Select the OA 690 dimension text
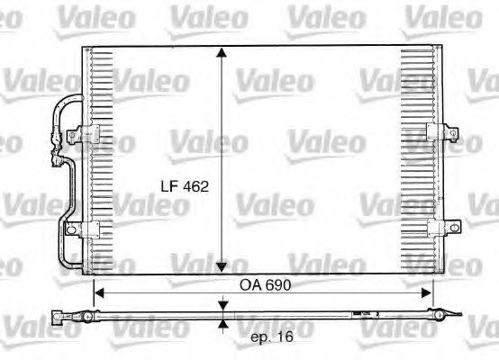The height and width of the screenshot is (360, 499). [x=264, y=284]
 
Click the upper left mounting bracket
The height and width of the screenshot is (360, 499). [x=86, y=134]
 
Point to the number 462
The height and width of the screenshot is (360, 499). [x=195, y=188]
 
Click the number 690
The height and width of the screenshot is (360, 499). [x=277, y=284]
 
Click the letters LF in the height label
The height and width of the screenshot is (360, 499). [x=168, y=188]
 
